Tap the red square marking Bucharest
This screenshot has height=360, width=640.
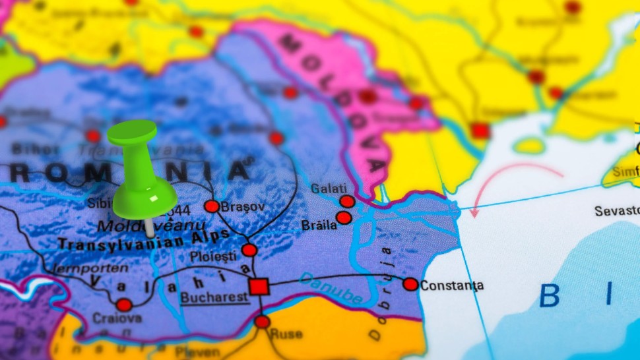259,287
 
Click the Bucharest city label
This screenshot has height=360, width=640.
215,297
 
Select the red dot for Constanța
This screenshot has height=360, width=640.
410,284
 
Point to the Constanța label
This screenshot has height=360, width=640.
452,285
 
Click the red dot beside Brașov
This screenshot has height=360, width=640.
212,206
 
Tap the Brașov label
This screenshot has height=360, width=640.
243,206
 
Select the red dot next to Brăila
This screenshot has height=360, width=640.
344,218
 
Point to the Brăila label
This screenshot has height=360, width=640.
319,225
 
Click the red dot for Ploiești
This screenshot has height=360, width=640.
249,250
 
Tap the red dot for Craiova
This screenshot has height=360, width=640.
124,305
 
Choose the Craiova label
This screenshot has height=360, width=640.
117,318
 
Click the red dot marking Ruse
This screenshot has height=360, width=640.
263,322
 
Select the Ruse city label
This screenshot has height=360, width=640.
286,334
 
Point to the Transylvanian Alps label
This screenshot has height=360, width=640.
144,240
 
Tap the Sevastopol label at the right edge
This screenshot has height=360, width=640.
617,211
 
